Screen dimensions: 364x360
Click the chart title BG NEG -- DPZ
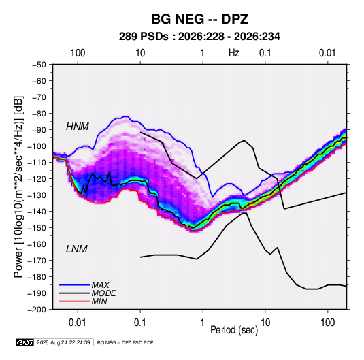click(x=200, y=19)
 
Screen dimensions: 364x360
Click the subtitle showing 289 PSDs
click(x=199, y=37)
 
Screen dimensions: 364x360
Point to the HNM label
click(x=78, y=127)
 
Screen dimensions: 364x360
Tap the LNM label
click(x=77, y=249)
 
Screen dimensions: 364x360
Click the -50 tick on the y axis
click(x=39, y=65)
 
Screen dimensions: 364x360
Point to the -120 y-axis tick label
click(x=37, y=179)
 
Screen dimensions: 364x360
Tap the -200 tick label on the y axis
click(x=37, y=310)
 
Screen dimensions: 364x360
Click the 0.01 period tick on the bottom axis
click(x=78, y=323)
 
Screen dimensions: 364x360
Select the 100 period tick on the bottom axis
click(x=327, y=323)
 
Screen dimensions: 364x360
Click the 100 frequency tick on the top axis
click(x=78, y=53)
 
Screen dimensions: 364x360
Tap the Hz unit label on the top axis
click(x=234, y=53)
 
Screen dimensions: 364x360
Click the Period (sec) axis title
click(x=234, y=330)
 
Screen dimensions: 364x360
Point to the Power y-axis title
click(x=18, y=186)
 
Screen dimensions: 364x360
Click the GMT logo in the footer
click(x=24, y=342)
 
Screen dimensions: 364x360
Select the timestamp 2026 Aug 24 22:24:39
click(x=63, y=342)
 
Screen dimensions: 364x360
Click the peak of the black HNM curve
click(x=244, y=140)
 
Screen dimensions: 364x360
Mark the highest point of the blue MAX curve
click(x=126, y=116)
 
